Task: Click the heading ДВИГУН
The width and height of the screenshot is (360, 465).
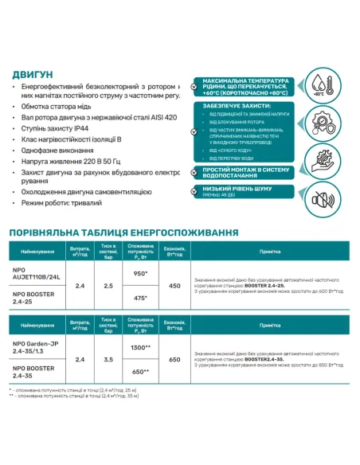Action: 33,74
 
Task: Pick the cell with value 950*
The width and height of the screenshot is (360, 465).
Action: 141,273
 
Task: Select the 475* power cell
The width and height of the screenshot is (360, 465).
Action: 141,299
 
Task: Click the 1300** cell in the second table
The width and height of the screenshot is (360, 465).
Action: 141,348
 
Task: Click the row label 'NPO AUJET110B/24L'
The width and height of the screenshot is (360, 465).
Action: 36,273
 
